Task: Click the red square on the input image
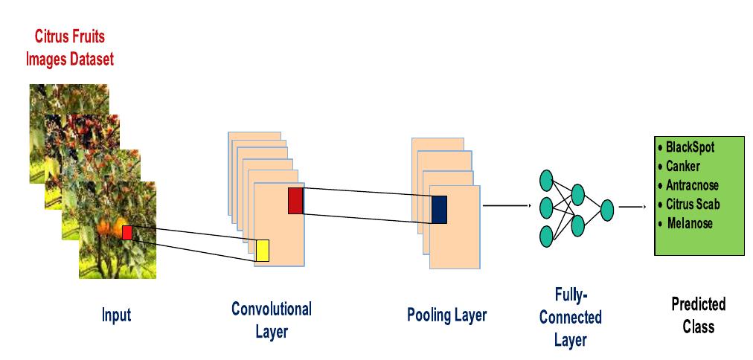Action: [x=126, y=233]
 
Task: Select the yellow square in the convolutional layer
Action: [x=262, y=251]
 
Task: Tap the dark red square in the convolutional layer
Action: [x=295, y=201]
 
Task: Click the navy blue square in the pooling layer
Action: [x=439, y=209]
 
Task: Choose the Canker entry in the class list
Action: [x=682, y=166]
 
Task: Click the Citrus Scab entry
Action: [x=693, y=204]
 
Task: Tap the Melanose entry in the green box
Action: [x=689, y=223]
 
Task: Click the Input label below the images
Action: [x=116, y=315]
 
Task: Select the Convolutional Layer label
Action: [x=272, y=320]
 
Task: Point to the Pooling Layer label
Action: [x=446, y=315]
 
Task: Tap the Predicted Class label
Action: [x=698, y=315]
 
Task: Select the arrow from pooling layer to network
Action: [x=507, y=205]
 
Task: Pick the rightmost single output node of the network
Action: [x=607, y=209]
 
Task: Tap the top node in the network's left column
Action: [x=547, y=179]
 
